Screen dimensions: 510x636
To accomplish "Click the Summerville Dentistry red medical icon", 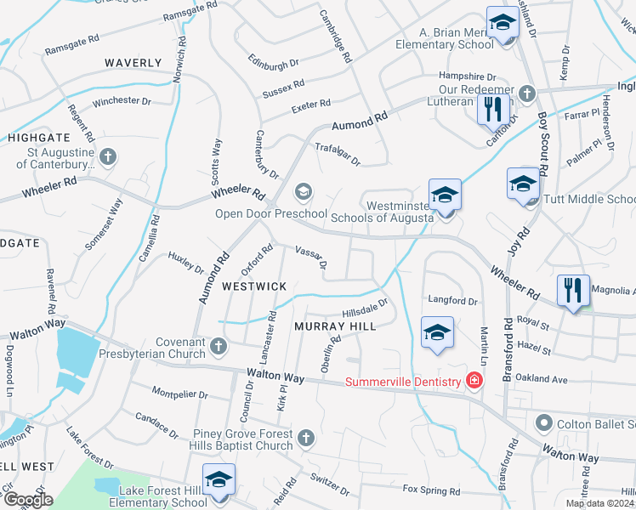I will [x=474, y=382].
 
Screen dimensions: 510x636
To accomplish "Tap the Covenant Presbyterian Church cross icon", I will [x=219, y=346].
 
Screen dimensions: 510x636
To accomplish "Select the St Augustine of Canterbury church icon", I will [x=107, y=156].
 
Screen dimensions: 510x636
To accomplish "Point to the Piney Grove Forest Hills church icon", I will [x=305, y=439].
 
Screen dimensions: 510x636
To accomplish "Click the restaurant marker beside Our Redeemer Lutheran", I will [x=491, y=109].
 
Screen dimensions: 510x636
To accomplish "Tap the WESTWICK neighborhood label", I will [x=254, y=286].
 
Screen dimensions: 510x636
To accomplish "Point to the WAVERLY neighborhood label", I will [x=133, y=63].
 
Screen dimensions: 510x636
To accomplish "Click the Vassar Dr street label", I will [x=310, y=257].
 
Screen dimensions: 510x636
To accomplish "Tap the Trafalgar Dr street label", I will [x=338, y=155].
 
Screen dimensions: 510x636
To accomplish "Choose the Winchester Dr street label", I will [x=122, y=101].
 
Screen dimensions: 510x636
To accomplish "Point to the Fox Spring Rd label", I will [x=431, y=490].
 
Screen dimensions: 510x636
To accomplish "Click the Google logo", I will [x=28, y=500].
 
